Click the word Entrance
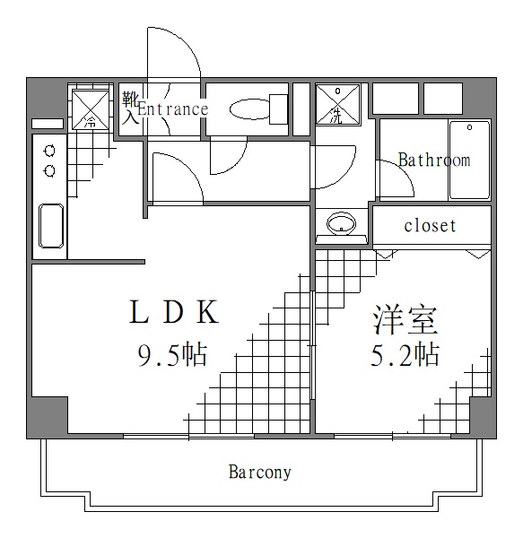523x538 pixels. (172, 109)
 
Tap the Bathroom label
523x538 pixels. (434, 161)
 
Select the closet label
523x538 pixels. (430, 225)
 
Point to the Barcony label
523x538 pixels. (259, 472)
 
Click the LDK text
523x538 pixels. (172, 313)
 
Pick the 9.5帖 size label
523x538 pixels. (172, 355)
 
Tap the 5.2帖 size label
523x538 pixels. (405, 355)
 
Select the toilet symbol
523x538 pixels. (250, 109)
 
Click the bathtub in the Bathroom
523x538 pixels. (469, 161)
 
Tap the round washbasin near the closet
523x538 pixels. (341, 223)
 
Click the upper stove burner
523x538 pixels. (49, 151)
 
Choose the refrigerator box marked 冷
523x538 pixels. (90, 108)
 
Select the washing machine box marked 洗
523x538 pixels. (337, 105)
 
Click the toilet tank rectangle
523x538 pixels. (279, 110)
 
